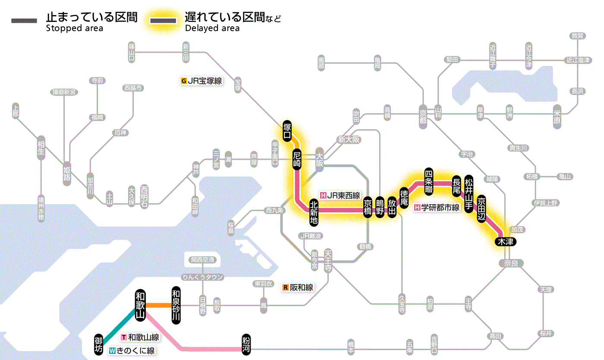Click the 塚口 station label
(x=287, y=131)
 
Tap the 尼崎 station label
(x=297, y=159)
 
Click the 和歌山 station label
(x=140, y=305)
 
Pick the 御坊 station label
(x=99, y=344)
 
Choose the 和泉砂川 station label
(x=176, y=305)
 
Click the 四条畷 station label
(x=428, y=180)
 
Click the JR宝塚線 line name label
(x=201, y=80)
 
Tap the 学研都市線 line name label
(x=437, y=207)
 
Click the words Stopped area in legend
(x=74, y=28)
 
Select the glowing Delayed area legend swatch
(x=164, y=20)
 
